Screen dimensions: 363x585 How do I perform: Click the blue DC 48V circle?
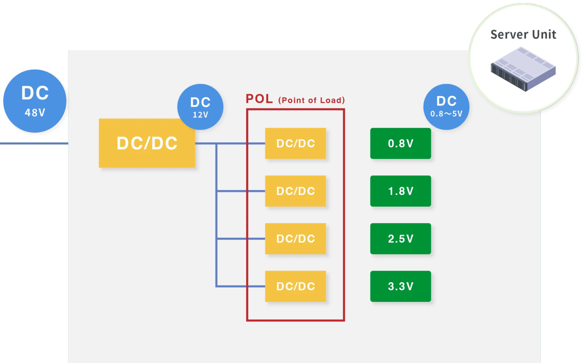(35, 101)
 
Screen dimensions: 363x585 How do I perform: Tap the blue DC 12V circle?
(200, 107)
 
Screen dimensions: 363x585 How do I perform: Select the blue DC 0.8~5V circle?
(446, 107)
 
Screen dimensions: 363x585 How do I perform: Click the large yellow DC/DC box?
(147, 143)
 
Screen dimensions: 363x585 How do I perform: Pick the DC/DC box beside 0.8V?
(295, 143)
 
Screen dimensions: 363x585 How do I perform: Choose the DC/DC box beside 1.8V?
(295, 191)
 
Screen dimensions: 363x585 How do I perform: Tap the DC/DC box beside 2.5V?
(295, 239)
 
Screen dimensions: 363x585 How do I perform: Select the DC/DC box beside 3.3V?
(295, 286)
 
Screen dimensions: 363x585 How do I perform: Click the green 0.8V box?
(400, 143)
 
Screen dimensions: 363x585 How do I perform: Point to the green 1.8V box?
(400, 191)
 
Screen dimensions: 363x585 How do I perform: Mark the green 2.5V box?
(400, 239)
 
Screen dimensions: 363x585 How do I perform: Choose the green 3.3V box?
(400, 286)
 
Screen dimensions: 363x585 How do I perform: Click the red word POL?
(259, 99)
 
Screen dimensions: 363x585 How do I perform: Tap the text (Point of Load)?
(311, 100)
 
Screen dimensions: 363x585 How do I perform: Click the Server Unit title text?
(523, 35)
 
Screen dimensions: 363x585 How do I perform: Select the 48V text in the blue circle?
(35, 113)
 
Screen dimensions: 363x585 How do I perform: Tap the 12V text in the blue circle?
(200, 115)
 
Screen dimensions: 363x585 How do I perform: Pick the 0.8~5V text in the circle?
(446, 114)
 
